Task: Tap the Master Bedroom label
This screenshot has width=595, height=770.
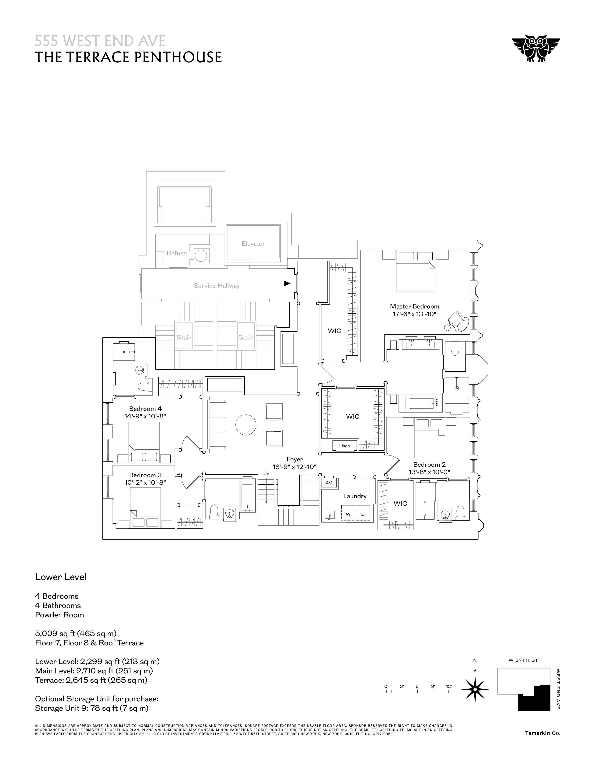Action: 415,306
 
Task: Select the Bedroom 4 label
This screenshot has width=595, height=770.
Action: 145,409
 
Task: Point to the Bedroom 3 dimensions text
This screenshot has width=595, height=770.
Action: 145,482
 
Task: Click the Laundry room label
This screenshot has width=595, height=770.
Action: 355,496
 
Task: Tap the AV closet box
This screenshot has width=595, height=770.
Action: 329,483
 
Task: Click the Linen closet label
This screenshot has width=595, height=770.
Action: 344,446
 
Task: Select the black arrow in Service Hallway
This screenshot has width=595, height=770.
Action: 287,283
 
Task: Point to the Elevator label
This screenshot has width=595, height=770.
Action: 253,244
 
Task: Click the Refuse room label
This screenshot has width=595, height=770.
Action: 177,253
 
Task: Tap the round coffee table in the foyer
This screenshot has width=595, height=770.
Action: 246,425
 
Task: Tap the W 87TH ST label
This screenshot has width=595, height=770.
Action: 523,660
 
